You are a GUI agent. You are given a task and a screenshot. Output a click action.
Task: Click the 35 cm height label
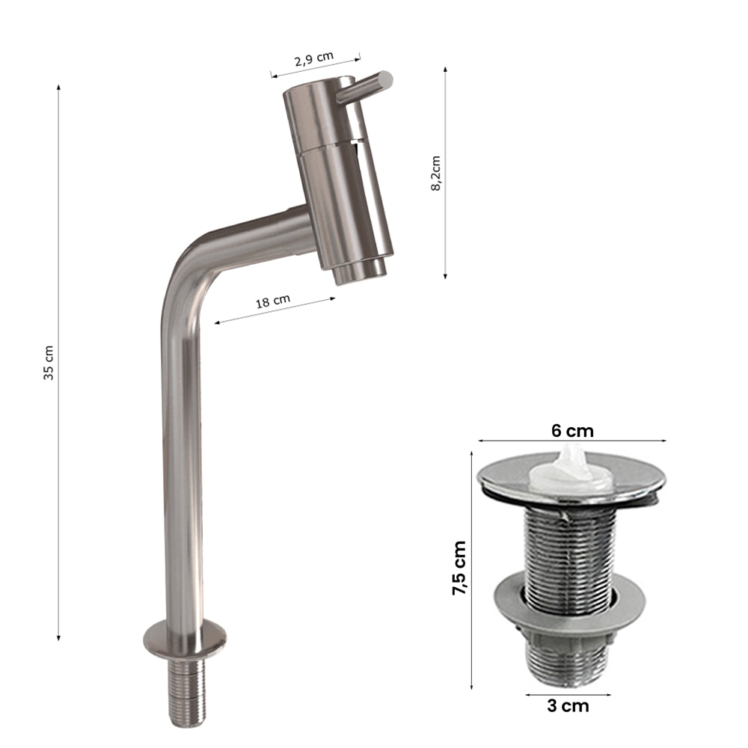pyautogui.click(x=49, y=363)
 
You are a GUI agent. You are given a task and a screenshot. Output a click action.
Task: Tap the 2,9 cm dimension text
pyautogui.click(x=314, y=59)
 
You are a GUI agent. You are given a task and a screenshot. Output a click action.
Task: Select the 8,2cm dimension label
pyautogui.click(x=435, y=174)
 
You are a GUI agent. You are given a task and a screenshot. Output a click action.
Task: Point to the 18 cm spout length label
pyautogui.click(x=273, y=301)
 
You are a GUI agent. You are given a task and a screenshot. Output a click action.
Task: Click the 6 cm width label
pyautogui.click(x=572, y=431)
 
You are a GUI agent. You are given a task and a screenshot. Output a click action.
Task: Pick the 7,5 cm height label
pyautogui.click(x=459, y=568)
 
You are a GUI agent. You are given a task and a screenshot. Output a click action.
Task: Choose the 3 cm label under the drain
pyautogui.click(x=568, y=705)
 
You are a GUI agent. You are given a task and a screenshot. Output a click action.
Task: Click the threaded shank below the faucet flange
pyautogui.click(x=187, y=690)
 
